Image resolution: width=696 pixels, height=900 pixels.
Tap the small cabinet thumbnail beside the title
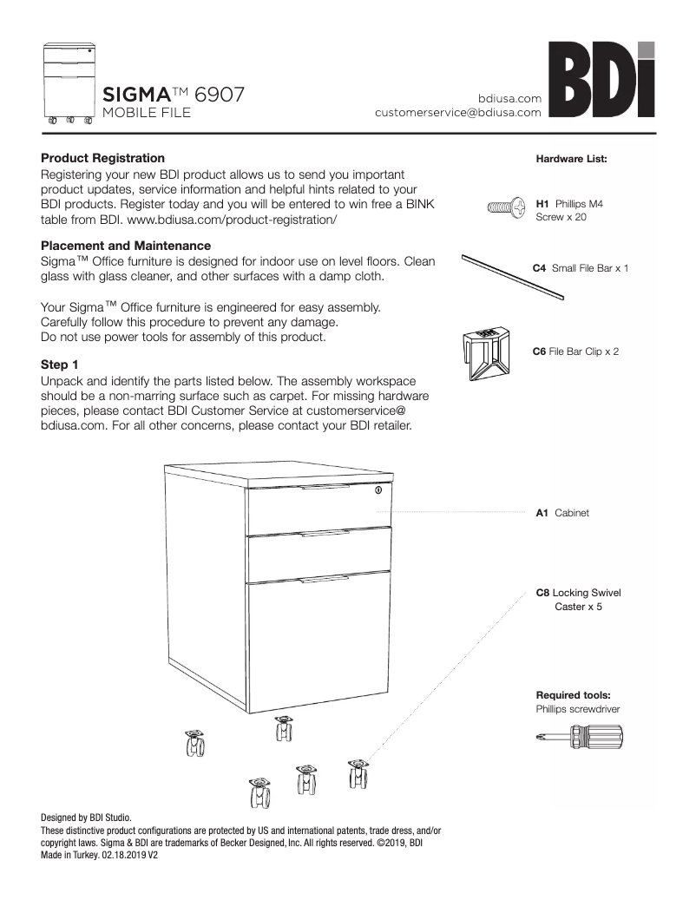pos(69,83)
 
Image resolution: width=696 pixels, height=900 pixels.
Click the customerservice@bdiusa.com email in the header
pos(458,112)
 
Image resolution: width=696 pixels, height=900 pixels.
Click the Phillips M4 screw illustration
pos(506,207)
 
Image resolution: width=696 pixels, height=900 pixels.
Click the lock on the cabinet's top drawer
pos(378,492)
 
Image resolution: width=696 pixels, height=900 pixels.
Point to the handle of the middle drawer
pos(321,535)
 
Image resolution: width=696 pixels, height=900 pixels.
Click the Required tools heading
pos(573,695)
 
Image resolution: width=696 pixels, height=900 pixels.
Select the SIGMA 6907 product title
pos(174,94)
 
